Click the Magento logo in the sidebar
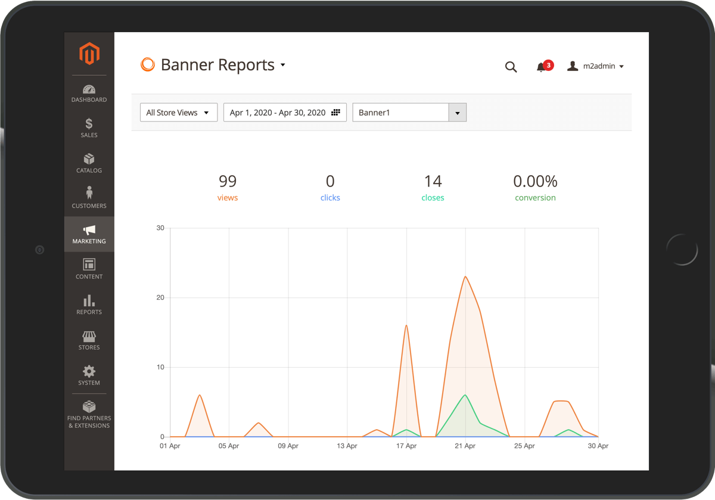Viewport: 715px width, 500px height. click(89, 54)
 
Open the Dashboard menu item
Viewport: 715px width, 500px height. click(89, 94)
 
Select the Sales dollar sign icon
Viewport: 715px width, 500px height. click(89, 123)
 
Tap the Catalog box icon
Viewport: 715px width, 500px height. click(89, 159)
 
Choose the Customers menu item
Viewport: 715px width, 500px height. click(89, 198)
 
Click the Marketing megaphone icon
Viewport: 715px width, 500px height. click(89, 229)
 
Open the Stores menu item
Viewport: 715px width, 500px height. click(89, 340)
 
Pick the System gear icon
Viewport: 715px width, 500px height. click(89, 371)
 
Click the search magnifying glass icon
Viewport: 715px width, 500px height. click(511, 67)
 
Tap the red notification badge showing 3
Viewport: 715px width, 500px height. click(548, 65)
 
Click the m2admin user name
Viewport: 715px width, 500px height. click(599, 66)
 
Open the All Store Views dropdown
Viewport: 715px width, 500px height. click(178, 113)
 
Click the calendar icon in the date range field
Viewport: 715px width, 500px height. click(335, 113)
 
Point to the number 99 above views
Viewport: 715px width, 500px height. click(228, 181)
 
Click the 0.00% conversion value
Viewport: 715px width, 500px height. click(535, 181)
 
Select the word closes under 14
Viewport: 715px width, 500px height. click(433, 198)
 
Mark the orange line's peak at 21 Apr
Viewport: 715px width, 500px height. click(465, 277)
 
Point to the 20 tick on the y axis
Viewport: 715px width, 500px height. click(160, 297)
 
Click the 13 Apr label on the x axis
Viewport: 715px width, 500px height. click(347, 446)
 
